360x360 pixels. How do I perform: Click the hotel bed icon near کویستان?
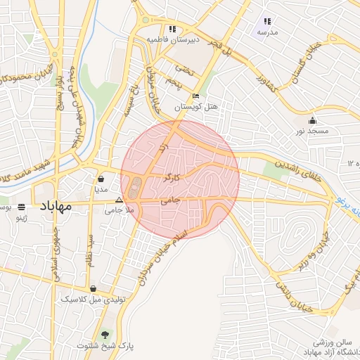pyautogui.click(x=195, y=96)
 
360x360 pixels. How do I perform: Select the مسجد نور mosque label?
pyautogui.click(x=312, y=131)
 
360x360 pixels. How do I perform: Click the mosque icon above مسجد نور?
pyautogui.click(x=312, y=120)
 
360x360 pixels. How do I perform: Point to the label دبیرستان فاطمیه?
pyautogui.click(x=173, y=40)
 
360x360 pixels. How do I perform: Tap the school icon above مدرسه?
pyautogui.click(x=267, y=21)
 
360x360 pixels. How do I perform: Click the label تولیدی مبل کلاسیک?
pyautogui.click(x=94, y=299)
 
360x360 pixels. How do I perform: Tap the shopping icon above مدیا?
pyautogui.click(x=101, y=178)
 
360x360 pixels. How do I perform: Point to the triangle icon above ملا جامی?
pyautogui.click(x=118, y=200)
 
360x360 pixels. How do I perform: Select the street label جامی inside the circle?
pyautogui.click(x=171, y=201)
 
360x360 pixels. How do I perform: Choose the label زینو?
pyautogui.click(x=22, y=218)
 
